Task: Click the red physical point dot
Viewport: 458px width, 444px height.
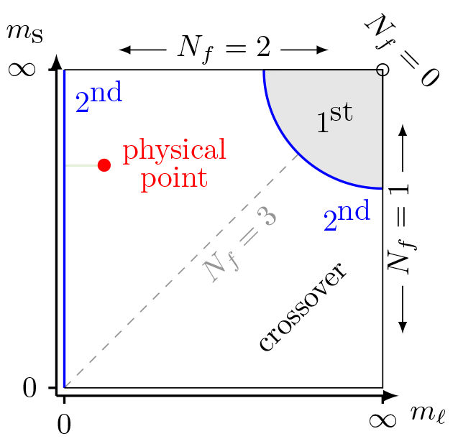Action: coord(104,165)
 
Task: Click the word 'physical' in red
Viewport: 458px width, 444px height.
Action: coord(175,152)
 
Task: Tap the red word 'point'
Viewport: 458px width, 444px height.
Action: coord(173,178)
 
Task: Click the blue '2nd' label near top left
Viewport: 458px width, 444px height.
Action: coord(99,99)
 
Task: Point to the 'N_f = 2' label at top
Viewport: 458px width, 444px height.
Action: coord(224,48)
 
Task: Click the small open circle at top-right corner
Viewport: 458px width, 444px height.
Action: coord(383,70)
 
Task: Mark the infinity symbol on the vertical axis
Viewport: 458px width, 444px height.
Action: coord(21,70)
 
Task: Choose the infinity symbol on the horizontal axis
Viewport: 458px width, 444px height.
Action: coord(383,419)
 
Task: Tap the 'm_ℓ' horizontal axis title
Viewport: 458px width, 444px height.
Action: coord(425,413)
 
